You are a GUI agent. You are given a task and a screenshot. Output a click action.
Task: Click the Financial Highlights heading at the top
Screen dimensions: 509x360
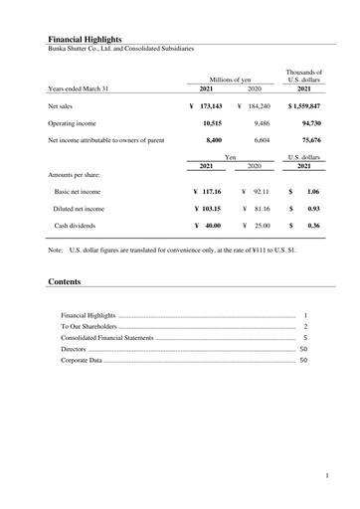coord(84,38)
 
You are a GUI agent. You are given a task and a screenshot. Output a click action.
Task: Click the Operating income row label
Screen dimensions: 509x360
coord(79,123)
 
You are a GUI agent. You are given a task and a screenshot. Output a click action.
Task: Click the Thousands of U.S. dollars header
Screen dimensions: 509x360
coord(304,76)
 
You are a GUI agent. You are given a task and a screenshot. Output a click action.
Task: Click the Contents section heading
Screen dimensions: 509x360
coord(65,282)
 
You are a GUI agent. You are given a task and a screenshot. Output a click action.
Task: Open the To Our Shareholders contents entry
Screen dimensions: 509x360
coord(89,326)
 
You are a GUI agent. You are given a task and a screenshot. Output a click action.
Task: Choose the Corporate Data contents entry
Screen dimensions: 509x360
coord(82,360)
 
